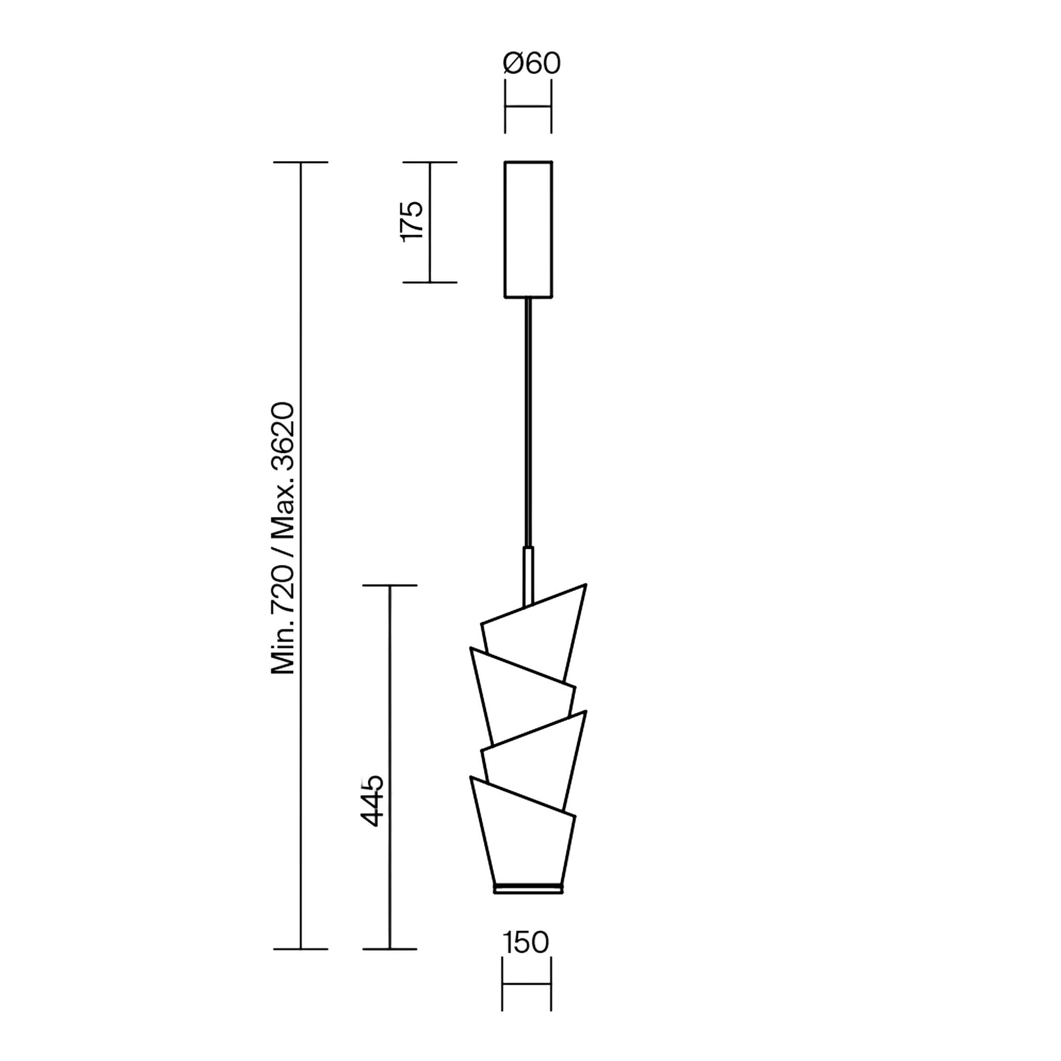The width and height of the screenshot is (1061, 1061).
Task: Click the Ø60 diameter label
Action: [x=532, y=63]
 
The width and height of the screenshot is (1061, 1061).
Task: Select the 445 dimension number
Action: [x=372, y=800]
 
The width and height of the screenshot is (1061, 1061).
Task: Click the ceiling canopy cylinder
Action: [x=529, y=229]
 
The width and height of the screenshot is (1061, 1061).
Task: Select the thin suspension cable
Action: [x=529, y=423]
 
